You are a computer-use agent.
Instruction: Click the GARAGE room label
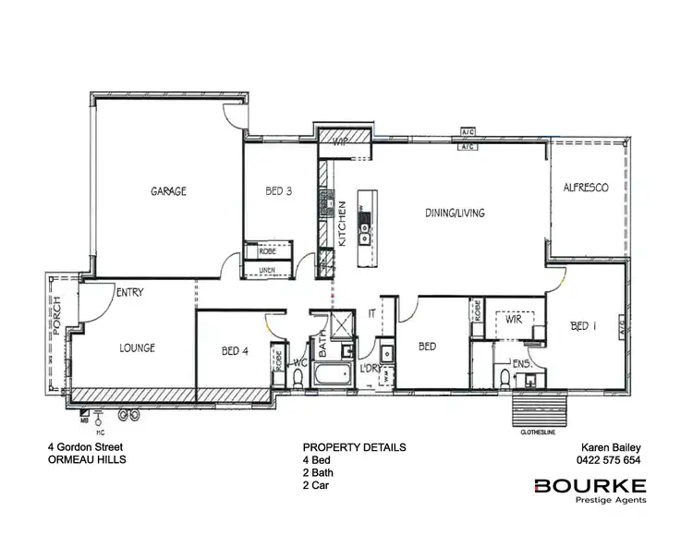169,191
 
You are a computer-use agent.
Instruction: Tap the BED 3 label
279,191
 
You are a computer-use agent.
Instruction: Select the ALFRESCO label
586,188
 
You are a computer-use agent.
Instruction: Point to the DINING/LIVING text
455,213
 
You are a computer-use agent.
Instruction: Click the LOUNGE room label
137,348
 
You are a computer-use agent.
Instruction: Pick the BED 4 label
236,351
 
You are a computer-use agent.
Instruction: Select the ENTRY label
128,292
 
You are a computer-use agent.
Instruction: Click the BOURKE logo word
590,486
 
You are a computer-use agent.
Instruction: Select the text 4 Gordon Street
85,447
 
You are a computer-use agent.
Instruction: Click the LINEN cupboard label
268,269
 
